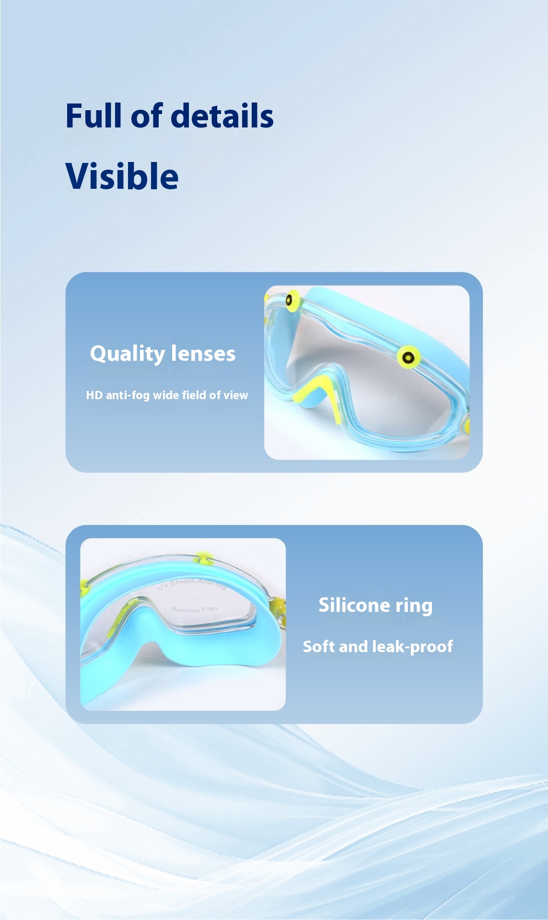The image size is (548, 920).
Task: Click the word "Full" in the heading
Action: (x=94, y=116)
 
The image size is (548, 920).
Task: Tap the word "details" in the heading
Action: (x=222, y=116)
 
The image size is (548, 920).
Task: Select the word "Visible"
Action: (x=122, y=176)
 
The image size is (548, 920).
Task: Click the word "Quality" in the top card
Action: (x=127, y=354)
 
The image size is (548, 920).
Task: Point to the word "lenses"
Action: (x=203, y=354)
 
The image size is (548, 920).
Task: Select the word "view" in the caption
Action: (x=235, y=395)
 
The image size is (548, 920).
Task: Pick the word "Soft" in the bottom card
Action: (x=319, y=646)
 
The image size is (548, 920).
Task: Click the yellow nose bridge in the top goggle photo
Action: (x=317, y=389)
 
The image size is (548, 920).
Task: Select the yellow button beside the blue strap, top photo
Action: (x=408, y=357)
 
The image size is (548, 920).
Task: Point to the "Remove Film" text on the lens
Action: (x=194, y=609)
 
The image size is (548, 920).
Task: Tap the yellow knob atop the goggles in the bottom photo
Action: (x=203, y=558)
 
